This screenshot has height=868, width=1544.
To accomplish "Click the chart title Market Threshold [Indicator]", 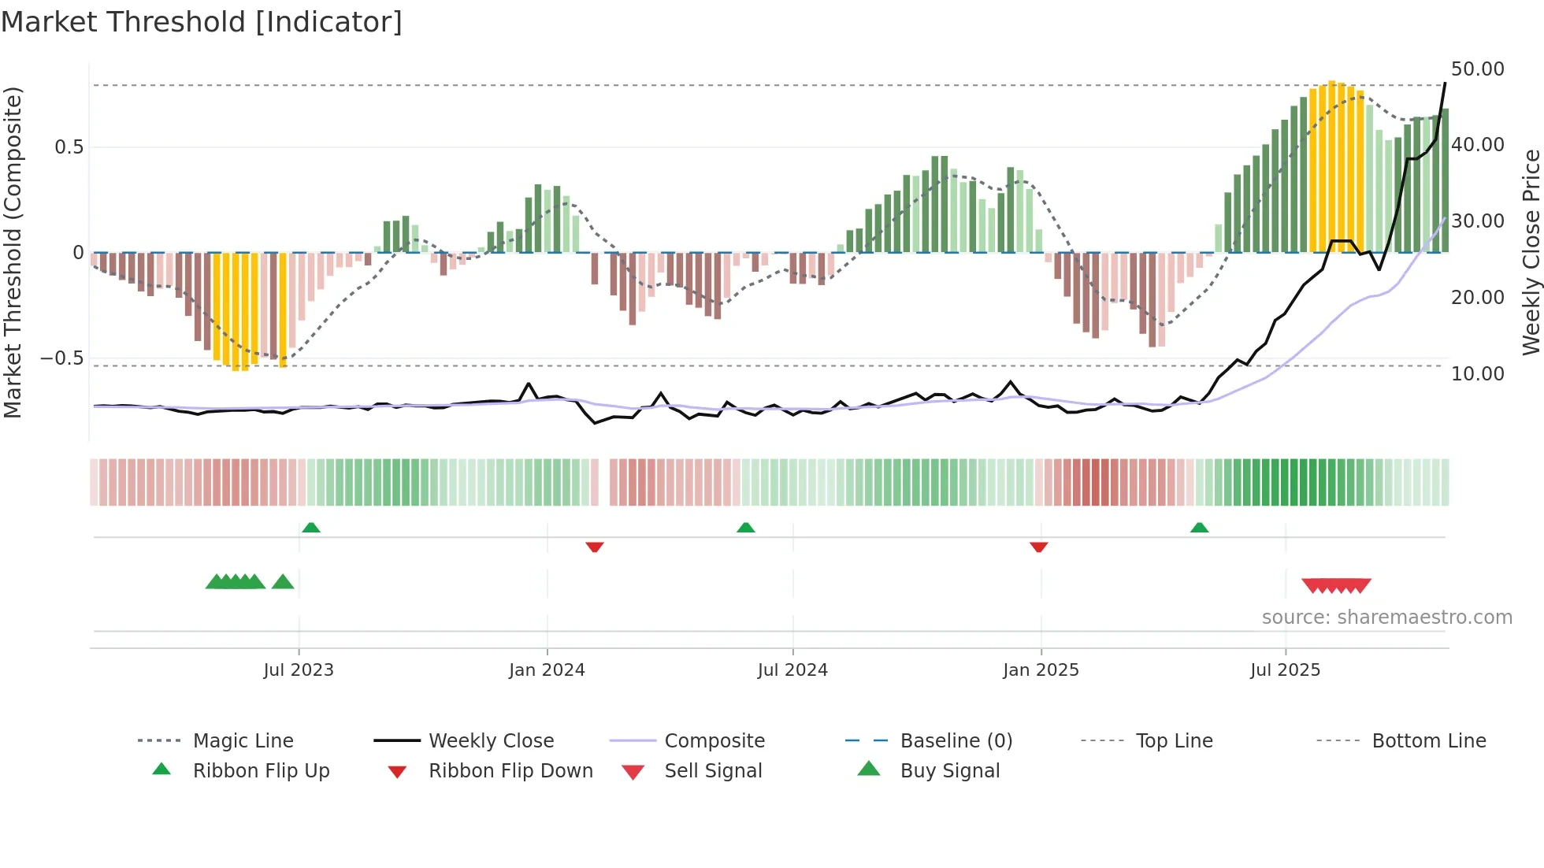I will [202, 22].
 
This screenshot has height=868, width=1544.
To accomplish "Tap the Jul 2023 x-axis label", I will [299, 670].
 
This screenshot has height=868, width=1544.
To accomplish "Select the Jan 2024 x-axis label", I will [547, 670].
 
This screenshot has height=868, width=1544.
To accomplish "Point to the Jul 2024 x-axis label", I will [792, 670].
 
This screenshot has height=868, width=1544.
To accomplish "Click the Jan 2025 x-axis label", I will [1041, 670].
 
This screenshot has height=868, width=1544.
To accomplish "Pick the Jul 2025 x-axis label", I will [1285, 670].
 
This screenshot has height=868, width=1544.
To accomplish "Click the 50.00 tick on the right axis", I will [1478, 69].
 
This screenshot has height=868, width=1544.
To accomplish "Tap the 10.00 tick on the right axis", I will [1478, 374].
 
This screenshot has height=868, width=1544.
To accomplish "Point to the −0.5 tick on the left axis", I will [62, 358].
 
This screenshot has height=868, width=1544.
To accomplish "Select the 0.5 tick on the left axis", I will [69, 147].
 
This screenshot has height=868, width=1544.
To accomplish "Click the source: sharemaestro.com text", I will [1386, 618].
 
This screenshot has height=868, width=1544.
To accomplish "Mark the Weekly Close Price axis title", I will [1531, 252].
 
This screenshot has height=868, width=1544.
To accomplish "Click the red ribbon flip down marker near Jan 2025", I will [1038, 547].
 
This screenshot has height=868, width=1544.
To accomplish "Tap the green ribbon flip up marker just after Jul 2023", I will [311, 528].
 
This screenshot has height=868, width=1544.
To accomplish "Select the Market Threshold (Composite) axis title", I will [13, 252].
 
